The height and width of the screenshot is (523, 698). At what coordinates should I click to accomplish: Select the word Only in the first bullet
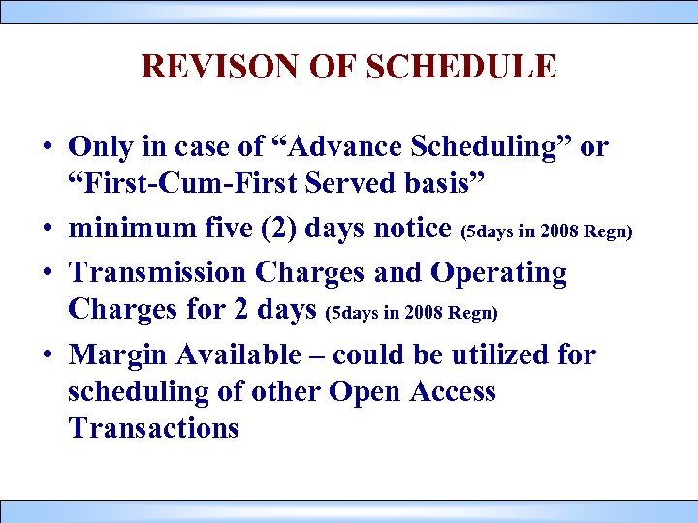[x=98, y=147]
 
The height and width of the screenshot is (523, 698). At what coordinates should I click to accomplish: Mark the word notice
[x=411, y=230]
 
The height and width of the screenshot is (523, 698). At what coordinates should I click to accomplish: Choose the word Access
[x=454, y=392]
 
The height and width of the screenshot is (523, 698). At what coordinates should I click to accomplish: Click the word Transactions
[x=153, y=428]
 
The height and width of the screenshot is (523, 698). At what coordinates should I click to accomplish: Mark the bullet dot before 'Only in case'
[x=47, y=148]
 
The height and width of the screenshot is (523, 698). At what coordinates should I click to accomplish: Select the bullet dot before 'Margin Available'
[x=47, y=355]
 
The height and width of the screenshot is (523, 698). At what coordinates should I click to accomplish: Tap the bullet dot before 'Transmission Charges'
[x=47, y=274]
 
